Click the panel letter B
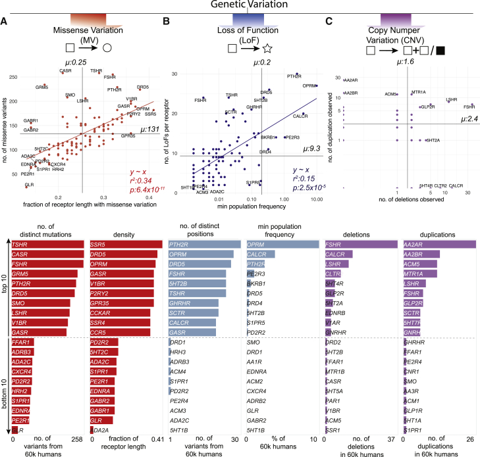click(167, 22)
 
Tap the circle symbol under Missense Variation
click(107, 48)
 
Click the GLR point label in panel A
click(30, 185)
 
